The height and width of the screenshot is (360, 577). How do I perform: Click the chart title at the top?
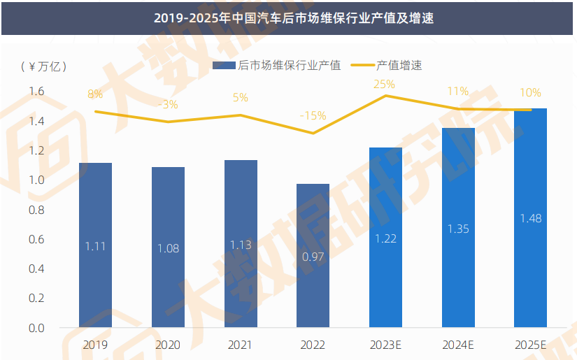tap(288, 17)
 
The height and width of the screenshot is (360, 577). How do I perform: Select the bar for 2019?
tap(95, 245)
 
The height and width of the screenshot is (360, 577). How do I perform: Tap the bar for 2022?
tap(313, 256)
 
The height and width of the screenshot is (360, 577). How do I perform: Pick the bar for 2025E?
tap(530, 217)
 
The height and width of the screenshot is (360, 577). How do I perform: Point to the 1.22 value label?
tap(385, 238)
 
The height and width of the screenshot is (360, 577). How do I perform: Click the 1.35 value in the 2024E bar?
tap(458, 229)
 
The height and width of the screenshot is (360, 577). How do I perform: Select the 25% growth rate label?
tap(384, 84)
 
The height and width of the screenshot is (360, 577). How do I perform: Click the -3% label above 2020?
tap(168, 105)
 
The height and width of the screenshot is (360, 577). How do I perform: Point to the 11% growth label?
tap(457, 92)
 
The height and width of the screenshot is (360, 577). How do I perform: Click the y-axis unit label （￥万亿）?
tap(44, 66)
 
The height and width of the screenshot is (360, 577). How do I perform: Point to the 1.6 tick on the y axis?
tap(36, 92)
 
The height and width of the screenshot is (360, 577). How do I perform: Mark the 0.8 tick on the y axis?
tap(36, 210)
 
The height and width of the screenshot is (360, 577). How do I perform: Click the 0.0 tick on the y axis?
tap(36, 328)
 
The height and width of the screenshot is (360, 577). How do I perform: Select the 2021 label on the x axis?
tap(241, 345)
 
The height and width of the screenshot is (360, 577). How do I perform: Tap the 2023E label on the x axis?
tap(385, 345)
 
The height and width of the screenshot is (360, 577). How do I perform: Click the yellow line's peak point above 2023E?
tap(385, 95)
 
